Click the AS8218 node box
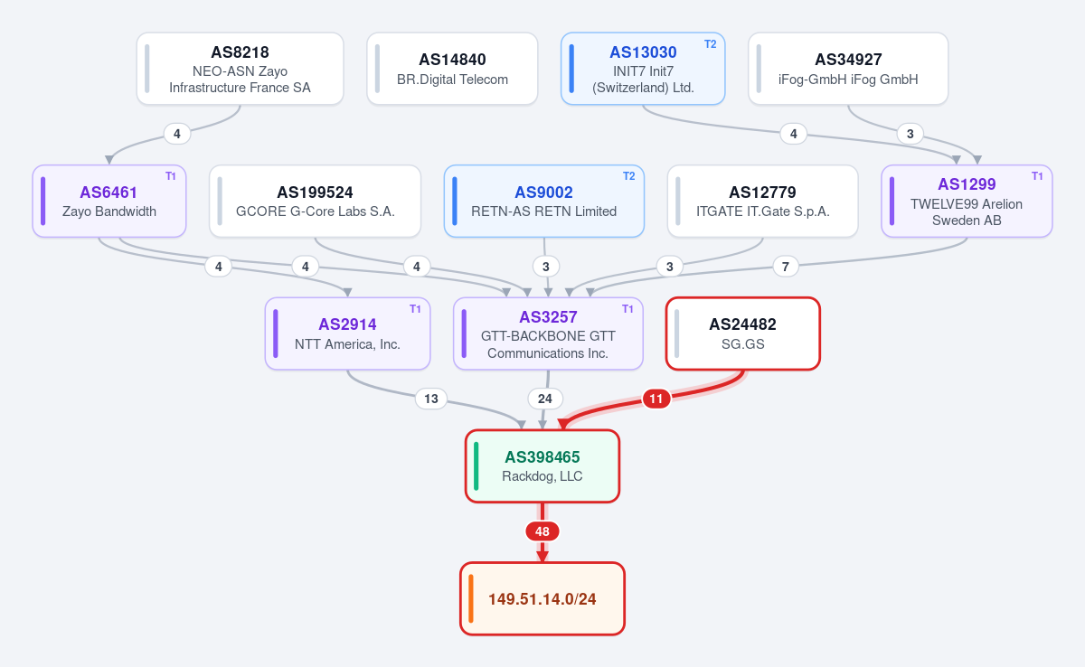tap(240, 69)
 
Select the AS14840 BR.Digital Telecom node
tap(452, 69)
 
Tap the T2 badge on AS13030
tap(710, 44)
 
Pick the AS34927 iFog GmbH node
tap(848, 69)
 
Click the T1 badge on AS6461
tap(171, 176)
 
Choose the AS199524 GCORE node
tap(315, 201)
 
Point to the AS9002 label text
tap(543, 193)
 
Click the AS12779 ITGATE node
tap(762, 201)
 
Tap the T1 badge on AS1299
tap(1037, 176)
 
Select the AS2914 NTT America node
tap(347, 333)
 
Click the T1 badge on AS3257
tap(627, 309)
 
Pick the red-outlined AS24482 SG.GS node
tap(742, 333)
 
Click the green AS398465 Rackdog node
tap(542, 466)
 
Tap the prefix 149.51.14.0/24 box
tap(542, 598)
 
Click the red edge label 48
tap(542, 531)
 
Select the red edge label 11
tap(656, 399)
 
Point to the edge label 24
tap(545, 399)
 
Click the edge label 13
tap(431, 399)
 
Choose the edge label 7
tap(785, 267)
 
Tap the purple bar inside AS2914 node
tap(276, 333)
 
